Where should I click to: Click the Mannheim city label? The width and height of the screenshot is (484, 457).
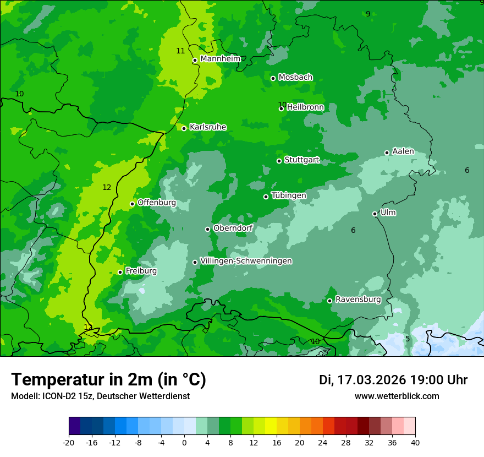coord(220,59)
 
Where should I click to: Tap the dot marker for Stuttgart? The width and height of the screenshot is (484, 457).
coord(279,161)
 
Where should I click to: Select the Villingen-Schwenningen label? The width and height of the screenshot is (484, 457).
coord(246,261)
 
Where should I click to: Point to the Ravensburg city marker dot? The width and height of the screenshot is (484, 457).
coord(329,301)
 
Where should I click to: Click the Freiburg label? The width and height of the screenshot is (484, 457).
coord(141,271)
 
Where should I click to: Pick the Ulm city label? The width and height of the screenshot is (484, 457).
coord(388,213)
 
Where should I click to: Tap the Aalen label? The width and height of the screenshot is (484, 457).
coord(403,151)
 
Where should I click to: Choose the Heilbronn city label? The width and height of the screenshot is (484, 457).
coord(305,107)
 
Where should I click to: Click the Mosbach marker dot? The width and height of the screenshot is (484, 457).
coord(273,78)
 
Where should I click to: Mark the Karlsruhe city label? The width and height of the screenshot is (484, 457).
coord(207,127)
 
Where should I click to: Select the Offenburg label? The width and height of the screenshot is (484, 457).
coord(156,203)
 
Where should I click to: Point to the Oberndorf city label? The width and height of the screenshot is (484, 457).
coord(233,228)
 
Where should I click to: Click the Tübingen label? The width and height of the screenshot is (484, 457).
coord(289,195)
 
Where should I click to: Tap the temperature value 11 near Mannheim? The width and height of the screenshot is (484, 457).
coord(180,51)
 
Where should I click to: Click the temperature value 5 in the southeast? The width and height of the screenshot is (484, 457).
coord(408,339)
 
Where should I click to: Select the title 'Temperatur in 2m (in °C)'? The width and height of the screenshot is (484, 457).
coord(108,379)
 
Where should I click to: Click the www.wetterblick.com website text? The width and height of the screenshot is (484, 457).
coord(397,396)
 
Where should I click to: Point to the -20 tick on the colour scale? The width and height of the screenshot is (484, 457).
coord(69,442)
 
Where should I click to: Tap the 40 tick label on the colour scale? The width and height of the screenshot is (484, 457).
coord(415,442)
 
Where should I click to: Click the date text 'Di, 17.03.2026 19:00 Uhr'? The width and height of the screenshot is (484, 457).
coord(393,380)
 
